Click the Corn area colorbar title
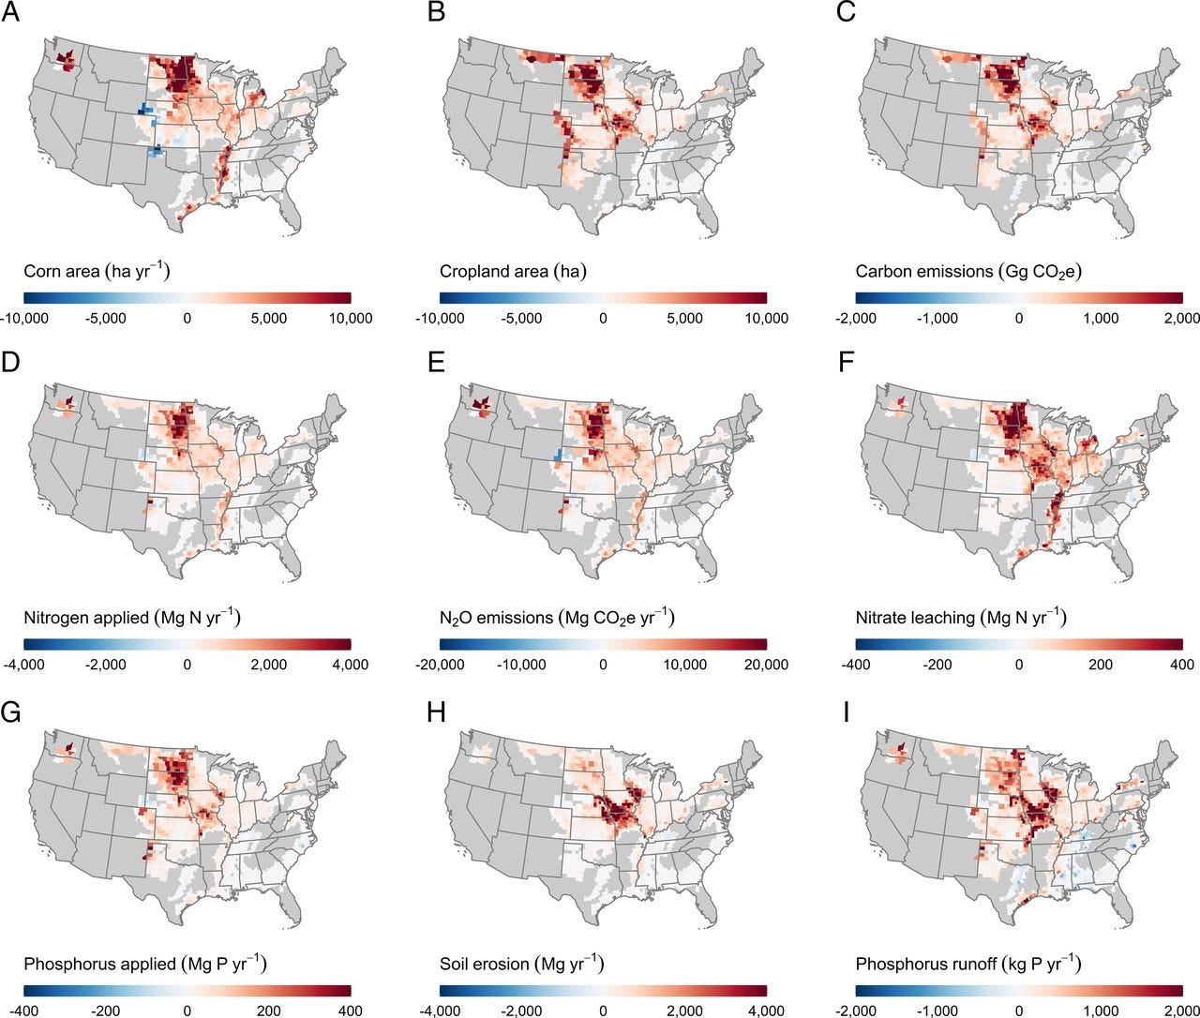point(97,272)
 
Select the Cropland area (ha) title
point(513,272)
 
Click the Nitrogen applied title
point(131,618)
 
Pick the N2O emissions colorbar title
point(557,618)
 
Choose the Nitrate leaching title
point(961,618)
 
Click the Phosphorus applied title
point(144,964)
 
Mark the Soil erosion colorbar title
point(521,964)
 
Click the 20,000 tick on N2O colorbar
point(765,665)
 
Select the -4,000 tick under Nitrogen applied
point(23,665)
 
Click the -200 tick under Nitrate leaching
point(937,665)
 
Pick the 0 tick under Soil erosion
point(603,1011)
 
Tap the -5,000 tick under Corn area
point(105,319)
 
